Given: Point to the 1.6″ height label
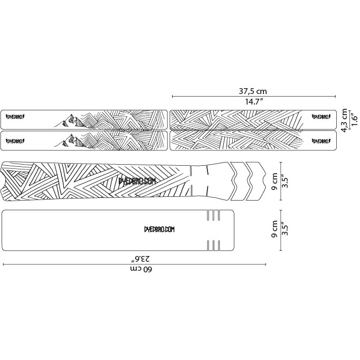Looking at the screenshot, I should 354,120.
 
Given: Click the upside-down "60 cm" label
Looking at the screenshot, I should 141,270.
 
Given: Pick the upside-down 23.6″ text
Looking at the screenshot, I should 141,259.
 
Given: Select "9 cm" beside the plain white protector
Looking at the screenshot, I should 274,231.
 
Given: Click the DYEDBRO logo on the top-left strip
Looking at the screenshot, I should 16,117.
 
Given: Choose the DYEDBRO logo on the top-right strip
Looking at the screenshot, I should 321,117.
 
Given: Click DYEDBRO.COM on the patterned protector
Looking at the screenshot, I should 137,181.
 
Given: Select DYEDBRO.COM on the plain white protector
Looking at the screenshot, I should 159,230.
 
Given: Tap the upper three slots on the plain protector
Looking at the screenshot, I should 213,215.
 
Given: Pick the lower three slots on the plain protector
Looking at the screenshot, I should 213,245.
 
